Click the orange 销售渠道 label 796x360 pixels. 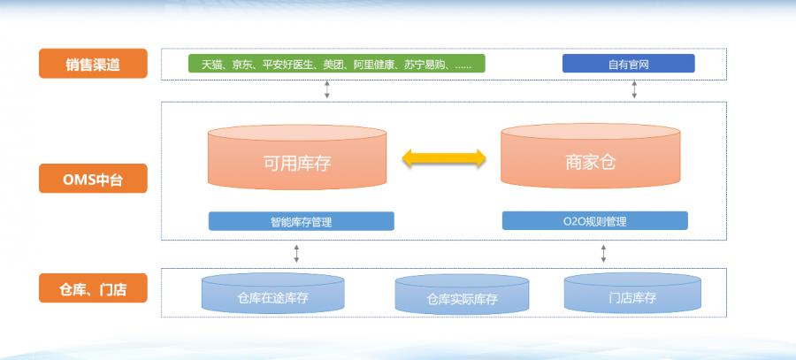tap(93, 64)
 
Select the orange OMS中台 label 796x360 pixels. tap(93, 178)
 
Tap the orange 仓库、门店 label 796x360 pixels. tap(93, 287)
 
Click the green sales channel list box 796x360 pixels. tap(337, 64)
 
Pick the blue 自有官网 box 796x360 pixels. tap(629, 64)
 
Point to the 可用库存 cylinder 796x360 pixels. tap(297, 157)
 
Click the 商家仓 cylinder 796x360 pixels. tap(591, 156)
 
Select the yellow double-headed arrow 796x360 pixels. tap(444, 158)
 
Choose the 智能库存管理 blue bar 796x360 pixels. tap(301, 221)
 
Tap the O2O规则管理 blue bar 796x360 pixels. tap(595, 221)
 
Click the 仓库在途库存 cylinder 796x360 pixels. tap(272, 293)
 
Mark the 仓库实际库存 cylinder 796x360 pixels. tap(462, 294)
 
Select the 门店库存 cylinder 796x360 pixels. tap(632, 293)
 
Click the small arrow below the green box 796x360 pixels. tap(327, 89)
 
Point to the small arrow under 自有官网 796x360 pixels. tap(634, 89)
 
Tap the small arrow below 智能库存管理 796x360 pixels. tap(296, 253)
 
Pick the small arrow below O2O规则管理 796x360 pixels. tap(603, 253)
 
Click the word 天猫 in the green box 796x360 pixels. tap(211, 65)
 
